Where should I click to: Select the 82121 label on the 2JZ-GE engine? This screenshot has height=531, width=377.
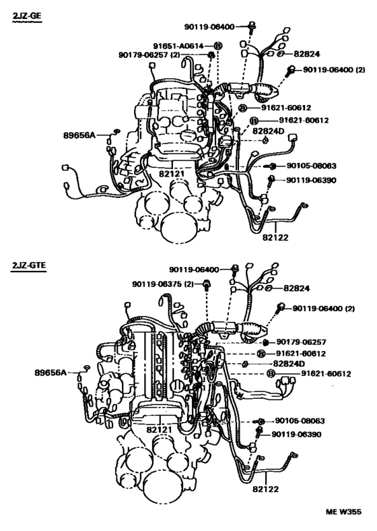tap(172, 173)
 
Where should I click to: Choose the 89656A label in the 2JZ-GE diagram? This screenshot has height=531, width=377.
tap(79, 135)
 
